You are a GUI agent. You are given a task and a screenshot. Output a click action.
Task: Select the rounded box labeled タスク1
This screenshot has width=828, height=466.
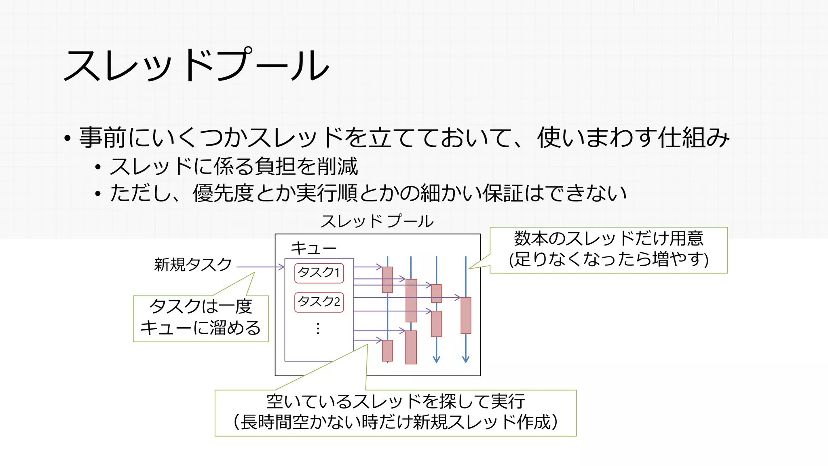[319, 273]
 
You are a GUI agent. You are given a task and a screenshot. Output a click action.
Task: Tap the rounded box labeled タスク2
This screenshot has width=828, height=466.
[319, 302]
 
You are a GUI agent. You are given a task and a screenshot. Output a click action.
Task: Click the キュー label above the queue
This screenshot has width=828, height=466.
[313, 248]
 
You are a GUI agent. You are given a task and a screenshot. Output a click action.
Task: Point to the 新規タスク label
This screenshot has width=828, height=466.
[193, 265]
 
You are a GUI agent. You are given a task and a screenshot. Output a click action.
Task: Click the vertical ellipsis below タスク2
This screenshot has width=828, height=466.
[318, 328]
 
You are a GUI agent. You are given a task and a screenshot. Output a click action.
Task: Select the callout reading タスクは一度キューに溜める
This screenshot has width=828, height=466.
[201, 319]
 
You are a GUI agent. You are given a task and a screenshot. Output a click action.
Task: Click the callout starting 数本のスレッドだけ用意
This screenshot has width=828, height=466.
[608, 250]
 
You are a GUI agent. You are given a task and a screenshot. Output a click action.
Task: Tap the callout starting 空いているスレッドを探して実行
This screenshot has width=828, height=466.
[395, 413]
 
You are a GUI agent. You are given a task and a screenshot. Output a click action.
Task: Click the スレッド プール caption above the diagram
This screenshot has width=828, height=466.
[377, 221]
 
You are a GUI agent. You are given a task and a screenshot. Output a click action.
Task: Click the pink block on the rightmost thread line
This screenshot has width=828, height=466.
[466, 316]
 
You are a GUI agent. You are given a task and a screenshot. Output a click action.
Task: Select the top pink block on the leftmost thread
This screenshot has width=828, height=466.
[387, 280]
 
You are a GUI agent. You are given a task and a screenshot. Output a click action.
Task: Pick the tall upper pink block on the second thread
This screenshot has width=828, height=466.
[411, 300]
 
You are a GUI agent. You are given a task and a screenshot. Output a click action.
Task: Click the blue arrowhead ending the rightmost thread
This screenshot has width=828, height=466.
[466, 359]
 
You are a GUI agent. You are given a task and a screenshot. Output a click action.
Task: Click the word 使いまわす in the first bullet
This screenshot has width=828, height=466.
[596, 138]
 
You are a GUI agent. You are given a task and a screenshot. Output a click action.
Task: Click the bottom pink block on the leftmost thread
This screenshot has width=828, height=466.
[387, 350]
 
